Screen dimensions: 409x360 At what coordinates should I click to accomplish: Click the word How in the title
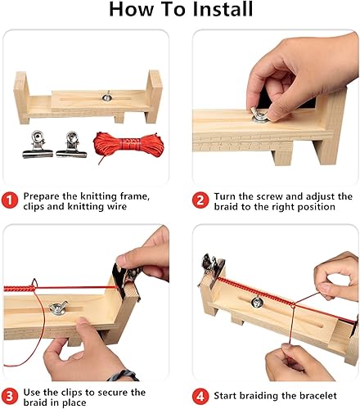tap(132, 11)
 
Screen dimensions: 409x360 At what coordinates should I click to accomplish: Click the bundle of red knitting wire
tap(117, 148)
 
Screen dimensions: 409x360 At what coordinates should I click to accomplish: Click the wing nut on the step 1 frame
tap(107, 97)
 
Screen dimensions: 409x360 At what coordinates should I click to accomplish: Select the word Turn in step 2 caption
tap(227, 197)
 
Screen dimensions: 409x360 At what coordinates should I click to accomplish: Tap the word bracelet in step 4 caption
tap(321, 397)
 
